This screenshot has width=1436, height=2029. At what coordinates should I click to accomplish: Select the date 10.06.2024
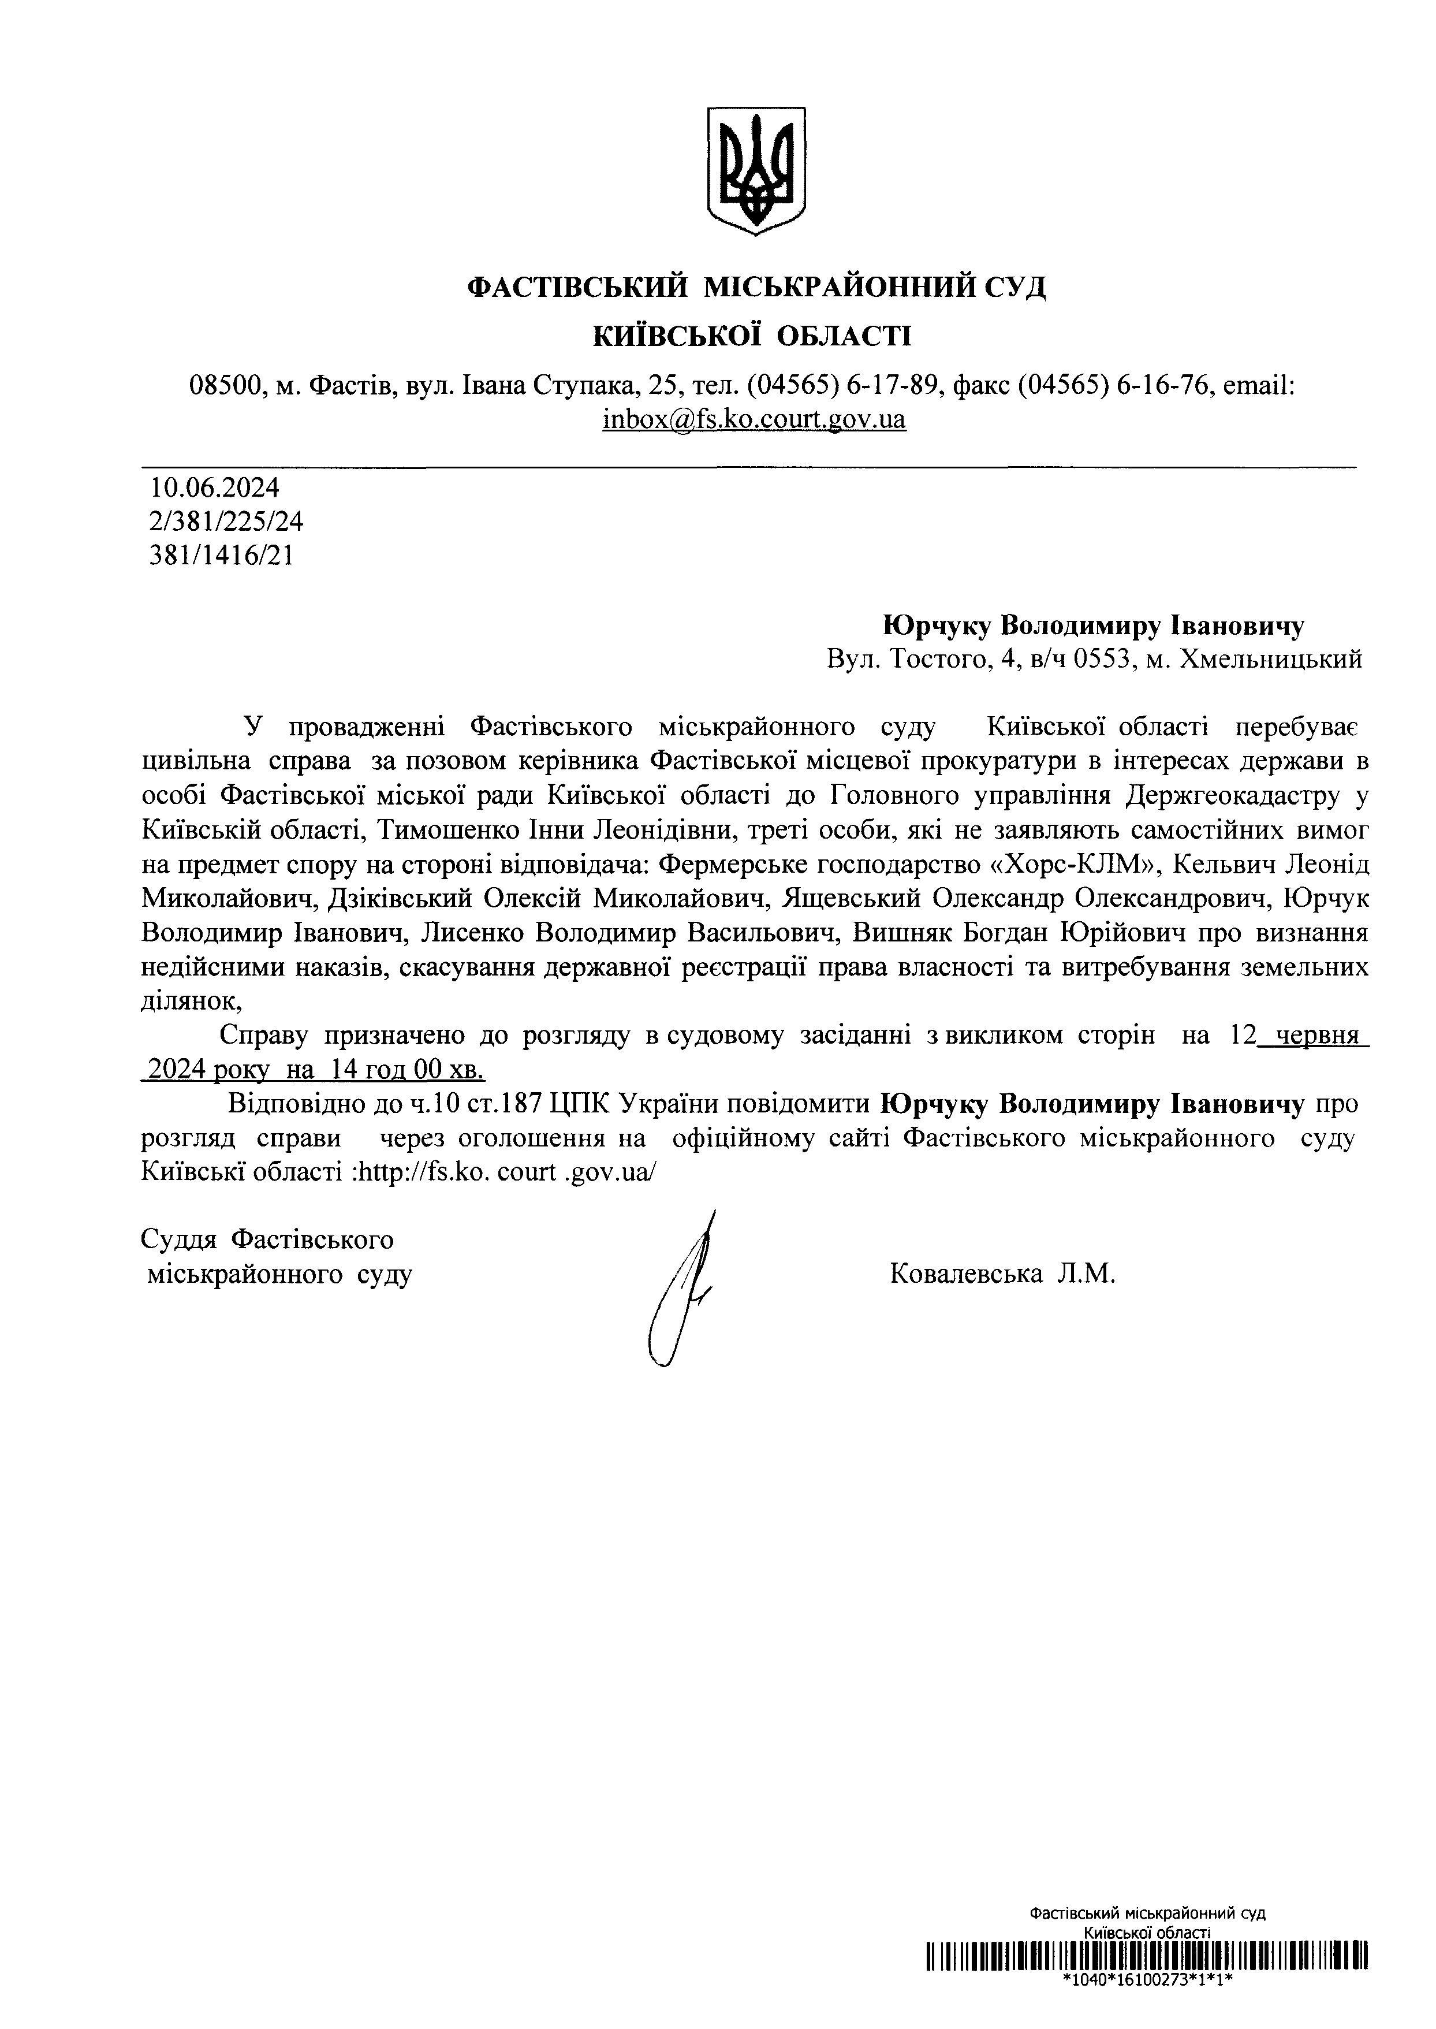pyautogui.click(x=215, y=487)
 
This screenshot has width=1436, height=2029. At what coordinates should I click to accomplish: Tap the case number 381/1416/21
pyautogui.click(x=222, y=556)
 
